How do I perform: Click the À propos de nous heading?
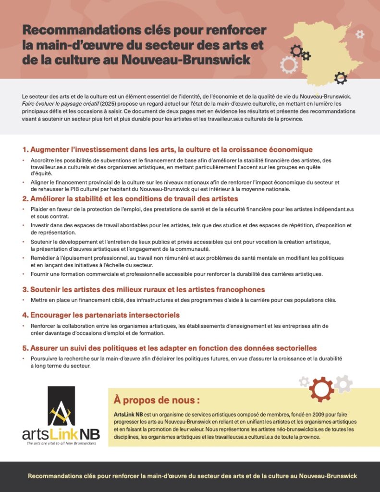[x=157, y=400]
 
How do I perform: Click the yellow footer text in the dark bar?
[x=192, y=476]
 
